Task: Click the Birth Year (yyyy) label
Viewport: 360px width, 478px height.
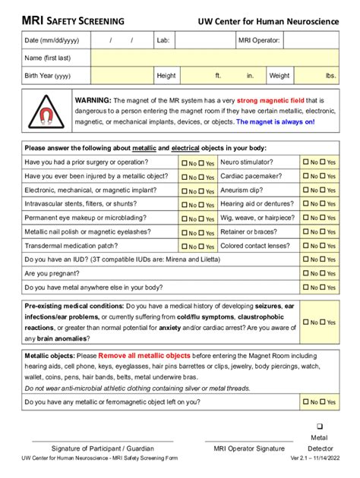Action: point(48,76)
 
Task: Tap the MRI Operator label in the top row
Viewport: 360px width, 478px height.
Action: point(260,39)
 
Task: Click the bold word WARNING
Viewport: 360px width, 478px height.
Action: point(93,100)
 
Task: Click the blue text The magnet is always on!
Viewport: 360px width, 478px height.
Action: point(275,121)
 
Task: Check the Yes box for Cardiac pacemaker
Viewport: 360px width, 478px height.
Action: point(323,176)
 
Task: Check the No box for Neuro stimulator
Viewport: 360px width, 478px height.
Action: point(305,162)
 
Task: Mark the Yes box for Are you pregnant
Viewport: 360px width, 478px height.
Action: point(323,273)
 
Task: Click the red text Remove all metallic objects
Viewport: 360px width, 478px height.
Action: point(144,355)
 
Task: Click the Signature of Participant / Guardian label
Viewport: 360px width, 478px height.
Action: point(103,448)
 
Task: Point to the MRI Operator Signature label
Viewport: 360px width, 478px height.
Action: point(249,448)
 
